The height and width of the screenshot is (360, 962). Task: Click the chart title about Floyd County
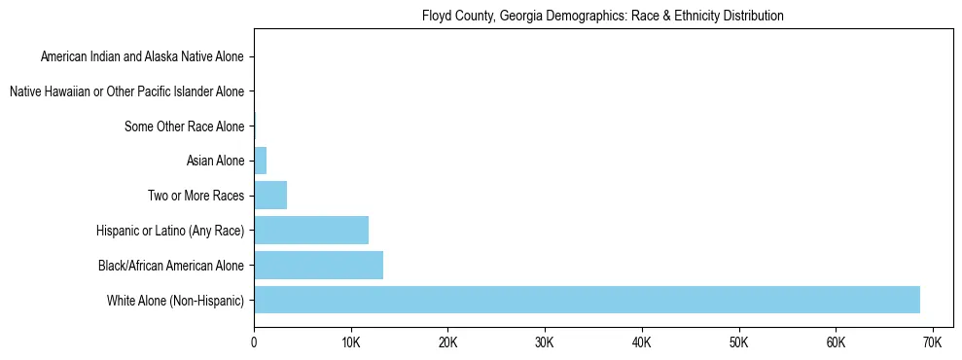pos(603,16)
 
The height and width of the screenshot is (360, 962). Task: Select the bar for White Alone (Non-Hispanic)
pos(587,300)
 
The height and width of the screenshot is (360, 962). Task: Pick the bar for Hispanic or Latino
pos(311,231)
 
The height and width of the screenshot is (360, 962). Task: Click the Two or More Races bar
pos(270,196)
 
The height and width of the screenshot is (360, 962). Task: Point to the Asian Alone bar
pos(260,161)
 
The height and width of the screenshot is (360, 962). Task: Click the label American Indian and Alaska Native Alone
pos(142,56)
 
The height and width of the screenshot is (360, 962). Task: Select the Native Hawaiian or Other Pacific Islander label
pos(126,91)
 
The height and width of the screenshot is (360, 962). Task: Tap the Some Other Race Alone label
pos(185,126)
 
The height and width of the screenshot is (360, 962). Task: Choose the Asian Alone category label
pos(215,161)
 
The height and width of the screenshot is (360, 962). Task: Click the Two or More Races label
pos(196,196)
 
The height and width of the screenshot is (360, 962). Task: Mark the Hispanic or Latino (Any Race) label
pos(170,231)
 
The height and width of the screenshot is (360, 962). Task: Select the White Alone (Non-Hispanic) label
pos(176,300)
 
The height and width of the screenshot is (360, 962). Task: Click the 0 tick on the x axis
pos(254,343)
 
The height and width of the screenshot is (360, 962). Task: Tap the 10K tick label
pos(351,343)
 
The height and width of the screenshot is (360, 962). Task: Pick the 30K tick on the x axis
pos(545,343)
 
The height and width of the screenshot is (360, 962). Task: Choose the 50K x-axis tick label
pos(738,343)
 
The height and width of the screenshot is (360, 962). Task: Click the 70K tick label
pos(932,343)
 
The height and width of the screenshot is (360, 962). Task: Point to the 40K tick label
pos(641,343)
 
